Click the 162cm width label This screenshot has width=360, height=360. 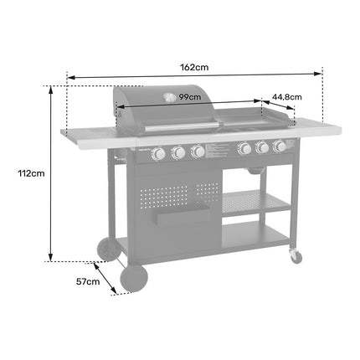tap(194, 67)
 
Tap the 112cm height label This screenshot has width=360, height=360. tap(31, 173)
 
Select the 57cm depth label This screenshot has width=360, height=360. tap(88, 281)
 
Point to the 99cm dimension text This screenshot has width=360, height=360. tap(190, 97)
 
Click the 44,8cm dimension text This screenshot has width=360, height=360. tap(287, 97)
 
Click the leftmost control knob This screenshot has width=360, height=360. tap(159, 153)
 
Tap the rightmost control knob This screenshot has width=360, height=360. tap(280, 146)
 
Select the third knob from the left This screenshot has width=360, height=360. tap(198, 151)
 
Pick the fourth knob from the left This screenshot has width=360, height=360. tap(244, 148)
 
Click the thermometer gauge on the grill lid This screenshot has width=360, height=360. tap(169, 97)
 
